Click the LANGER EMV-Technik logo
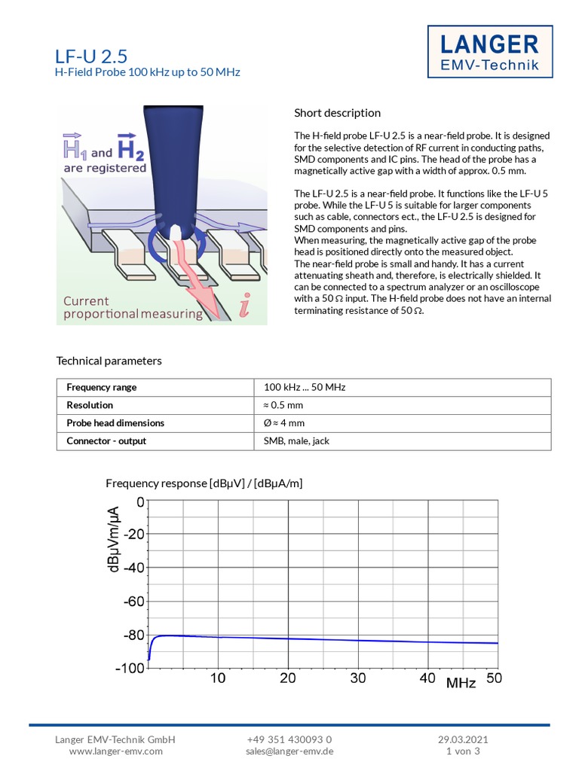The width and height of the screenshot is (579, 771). [489, 52]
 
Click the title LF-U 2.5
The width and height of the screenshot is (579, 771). [91, 56]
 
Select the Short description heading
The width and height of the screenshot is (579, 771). [337, 113]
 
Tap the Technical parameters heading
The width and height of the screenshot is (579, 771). [109, 361]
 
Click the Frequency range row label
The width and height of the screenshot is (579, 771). [102, 387]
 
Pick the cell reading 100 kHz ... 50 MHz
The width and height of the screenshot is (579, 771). [305, 387]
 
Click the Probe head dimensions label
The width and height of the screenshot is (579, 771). [115, 423]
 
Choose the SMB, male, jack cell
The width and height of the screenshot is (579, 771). [297, 441]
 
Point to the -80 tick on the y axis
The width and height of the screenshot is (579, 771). [133, 635]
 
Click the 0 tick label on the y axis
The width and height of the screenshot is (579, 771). [140, 502]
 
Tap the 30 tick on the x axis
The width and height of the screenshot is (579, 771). [358, 678]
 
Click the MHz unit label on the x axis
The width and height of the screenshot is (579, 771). [461, 684]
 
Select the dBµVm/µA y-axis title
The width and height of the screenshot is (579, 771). [115, 540]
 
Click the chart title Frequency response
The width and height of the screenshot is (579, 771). [204, 483]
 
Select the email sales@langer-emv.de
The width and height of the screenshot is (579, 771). [289, 751]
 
